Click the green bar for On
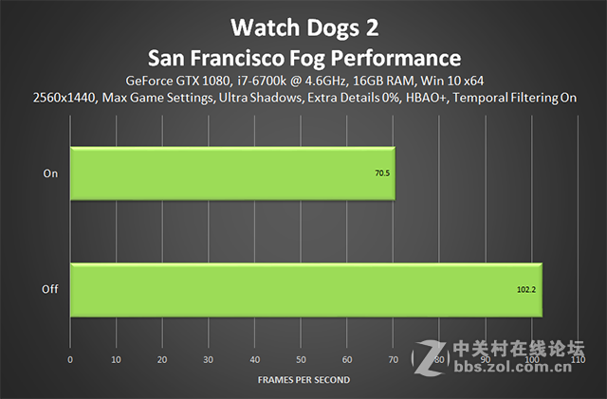pyautogui.click(x=232, y=173)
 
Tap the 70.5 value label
pyautogui.click(x=381, y=174)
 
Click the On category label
pyautogui.click(x=50, y=173)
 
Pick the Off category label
pyautogui.click(x=50, y=290)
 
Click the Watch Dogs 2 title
pyautogui.click(x=304, y=22)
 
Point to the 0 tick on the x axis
pyautogui.click(x=70, y=360)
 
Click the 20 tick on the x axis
pyautogui.click(x=162, y=360)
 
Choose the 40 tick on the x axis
pyautogui.click(x=255, y=360)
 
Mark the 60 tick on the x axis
pyautogui.click(x=347, y=360)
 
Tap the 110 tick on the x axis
pyautogui.click(x=579, y=360)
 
